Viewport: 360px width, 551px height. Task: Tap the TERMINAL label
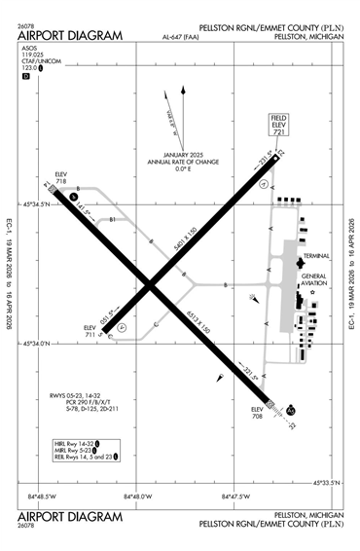point(316,255)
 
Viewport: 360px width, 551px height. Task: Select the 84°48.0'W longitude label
point(137,497)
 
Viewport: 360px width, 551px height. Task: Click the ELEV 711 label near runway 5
point(90,331)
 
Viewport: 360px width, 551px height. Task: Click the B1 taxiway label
point(112,219)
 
